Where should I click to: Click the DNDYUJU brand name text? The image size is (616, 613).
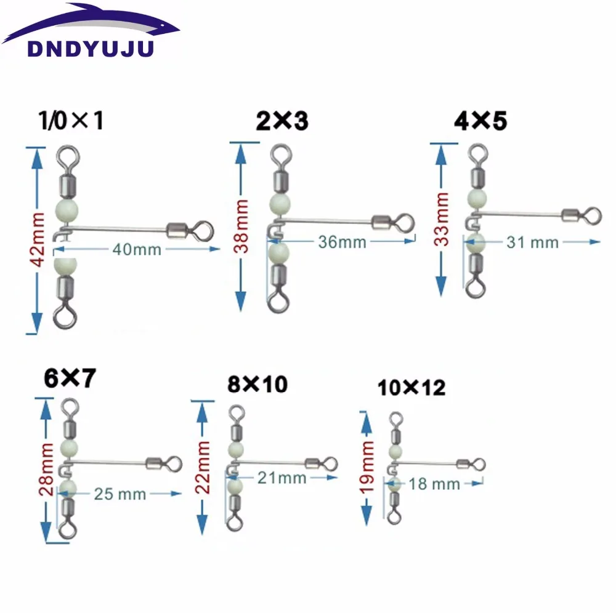[90, 49]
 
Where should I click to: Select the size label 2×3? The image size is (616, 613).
[282, 121]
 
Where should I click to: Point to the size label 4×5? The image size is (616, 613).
[480, 121]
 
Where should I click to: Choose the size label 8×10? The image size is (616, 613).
[257, 385]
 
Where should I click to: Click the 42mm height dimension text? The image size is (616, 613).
[38, 239]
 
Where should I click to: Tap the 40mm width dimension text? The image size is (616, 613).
[137, 249]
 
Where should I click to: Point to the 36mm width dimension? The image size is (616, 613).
[342, 242]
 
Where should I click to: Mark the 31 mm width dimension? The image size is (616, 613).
[533, 242]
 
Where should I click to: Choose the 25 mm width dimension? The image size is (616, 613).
[120, 493]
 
